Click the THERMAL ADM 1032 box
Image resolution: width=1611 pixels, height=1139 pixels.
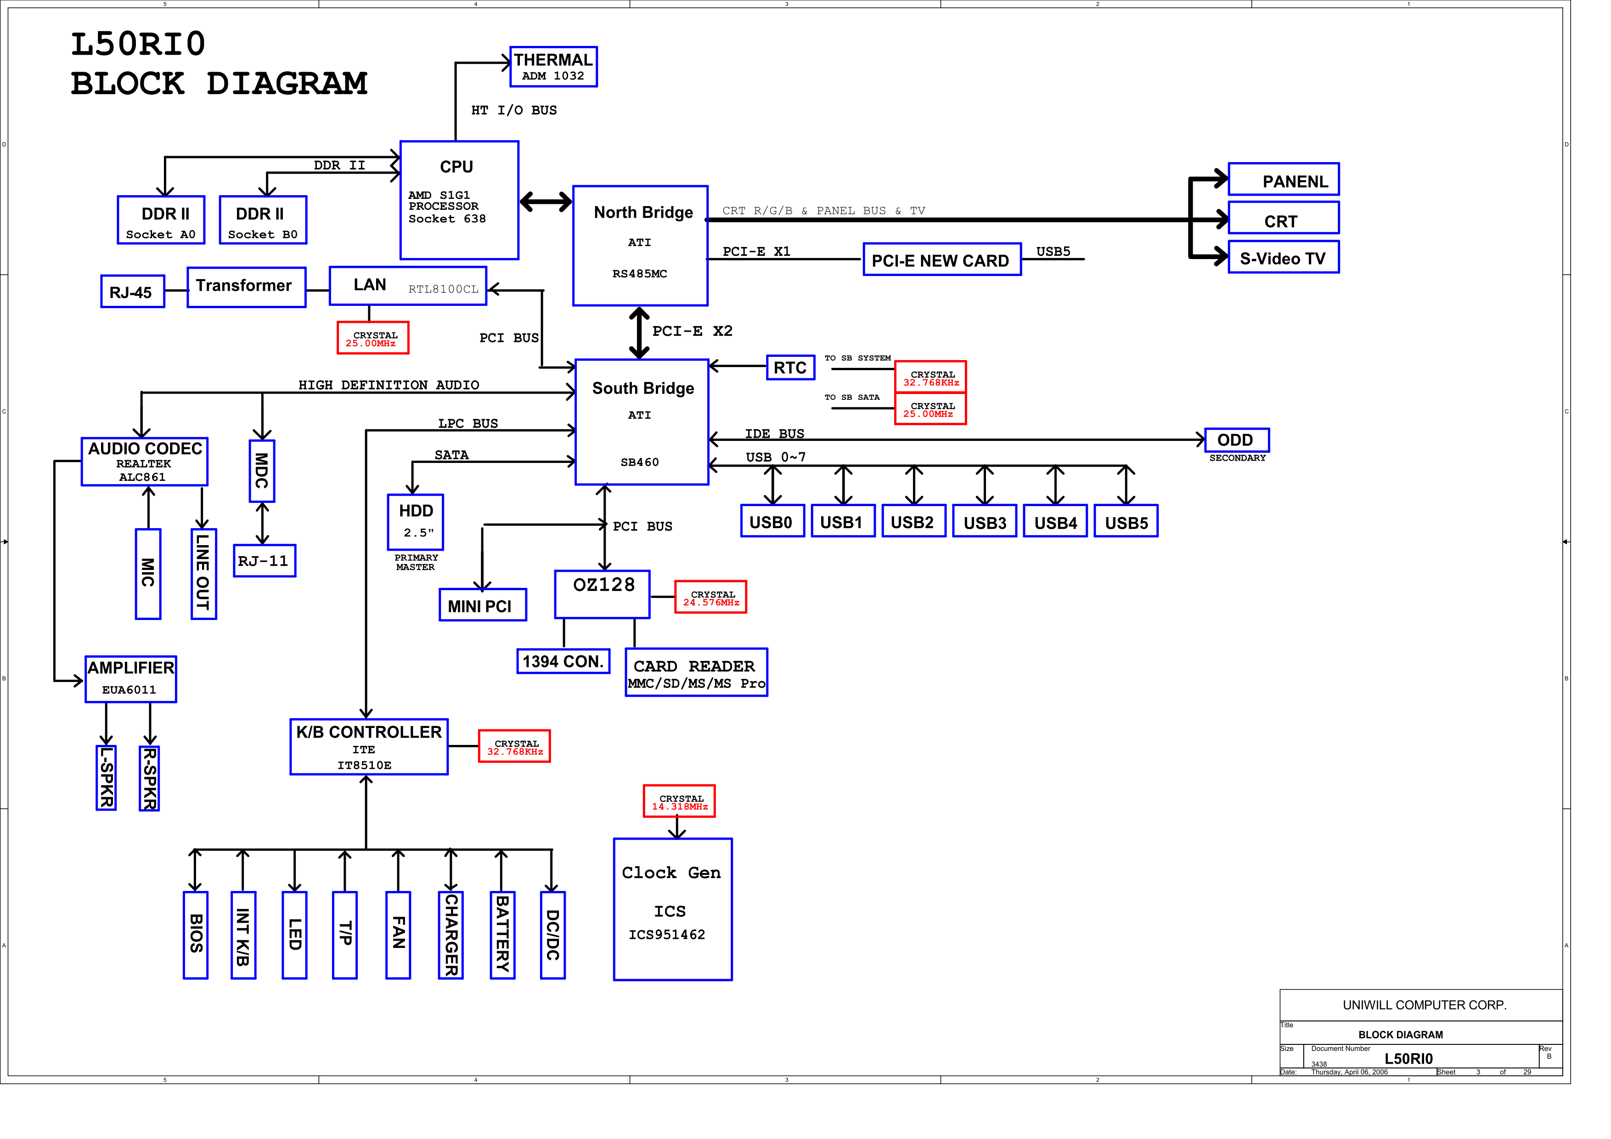tap(553, 67)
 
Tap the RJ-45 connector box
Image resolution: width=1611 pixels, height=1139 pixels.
tap(132, 292)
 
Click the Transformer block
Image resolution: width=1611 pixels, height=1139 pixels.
tap(246, 287)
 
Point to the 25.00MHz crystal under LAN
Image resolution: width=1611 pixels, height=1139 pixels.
tap(372, 339)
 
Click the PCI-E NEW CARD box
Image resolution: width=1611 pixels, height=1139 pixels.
tap(941, 260)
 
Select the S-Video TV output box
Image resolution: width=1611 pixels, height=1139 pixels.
tap(1283, 258)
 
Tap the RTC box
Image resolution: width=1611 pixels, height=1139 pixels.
tap(790, 368)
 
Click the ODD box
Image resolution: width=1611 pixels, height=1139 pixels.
tap(1236, 440)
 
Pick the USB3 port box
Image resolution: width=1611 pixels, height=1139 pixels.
tap(985, 522)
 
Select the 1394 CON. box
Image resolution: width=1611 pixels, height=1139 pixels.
tap(563, 662)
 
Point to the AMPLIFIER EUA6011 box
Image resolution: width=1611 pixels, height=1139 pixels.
tap(130, 679)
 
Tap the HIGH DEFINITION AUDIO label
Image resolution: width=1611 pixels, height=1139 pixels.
tap(389, 384)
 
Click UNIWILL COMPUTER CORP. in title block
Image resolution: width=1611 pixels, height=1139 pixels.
tap(1424, 1005)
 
